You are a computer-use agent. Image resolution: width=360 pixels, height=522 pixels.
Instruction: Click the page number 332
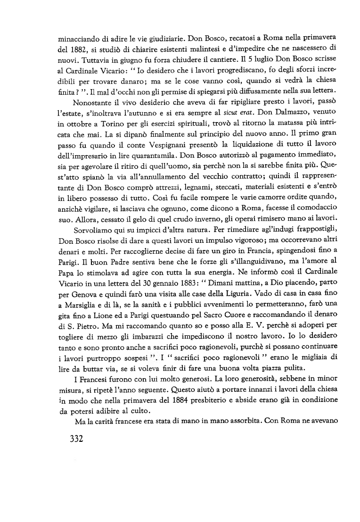73,439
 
